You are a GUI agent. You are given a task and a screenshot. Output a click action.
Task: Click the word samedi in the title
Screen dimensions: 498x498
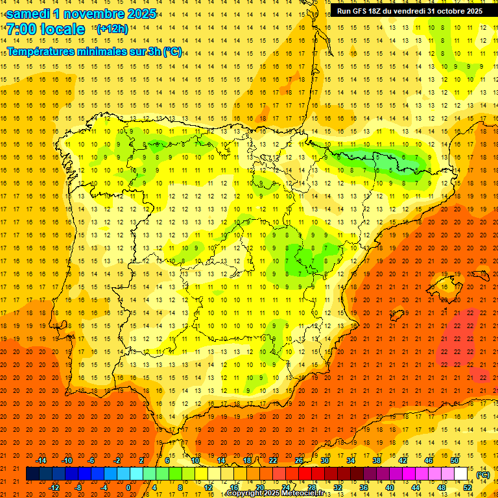click(x=31, y=14)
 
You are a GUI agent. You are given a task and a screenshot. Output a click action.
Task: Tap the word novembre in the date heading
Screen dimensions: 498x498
click(x=99, y=14)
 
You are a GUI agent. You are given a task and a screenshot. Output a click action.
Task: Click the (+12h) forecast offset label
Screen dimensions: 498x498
click(x=112, y=29)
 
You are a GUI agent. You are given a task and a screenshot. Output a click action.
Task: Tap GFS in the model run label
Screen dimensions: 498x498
click(x=362, y=11)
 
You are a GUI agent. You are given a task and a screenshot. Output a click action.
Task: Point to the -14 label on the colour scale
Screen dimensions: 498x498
click(x=41, y=460)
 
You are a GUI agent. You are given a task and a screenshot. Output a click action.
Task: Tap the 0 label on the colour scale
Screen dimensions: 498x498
click(x=128, y=488)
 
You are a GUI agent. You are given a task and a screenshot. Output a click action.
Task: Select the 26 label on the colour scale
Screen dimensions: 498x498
click(x=299, y=460)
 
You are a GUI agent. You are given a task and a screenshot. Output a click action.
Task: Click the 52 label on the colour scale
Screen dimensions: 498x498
click(x=468, y=488)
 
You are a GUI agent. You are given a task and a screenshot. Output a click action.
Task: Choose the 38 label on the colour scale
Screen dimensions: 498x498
click(x=376, y=460)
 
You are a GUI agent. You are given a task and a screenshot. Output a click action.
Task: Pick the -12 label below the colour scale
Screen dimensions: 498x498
click(x=54, y=488)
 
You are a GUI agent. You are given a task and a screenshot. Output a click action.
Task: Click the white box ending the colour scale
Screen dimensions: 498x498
click(x=460, y=474)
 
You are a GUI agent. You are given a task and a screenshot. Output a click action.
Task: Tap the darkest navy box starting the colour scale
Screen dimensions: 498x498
click(x=32, y=474)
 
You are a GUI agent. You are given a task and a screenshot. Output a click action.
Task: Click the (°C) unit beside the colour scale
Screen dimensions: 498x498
click(x=482, y=475)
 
